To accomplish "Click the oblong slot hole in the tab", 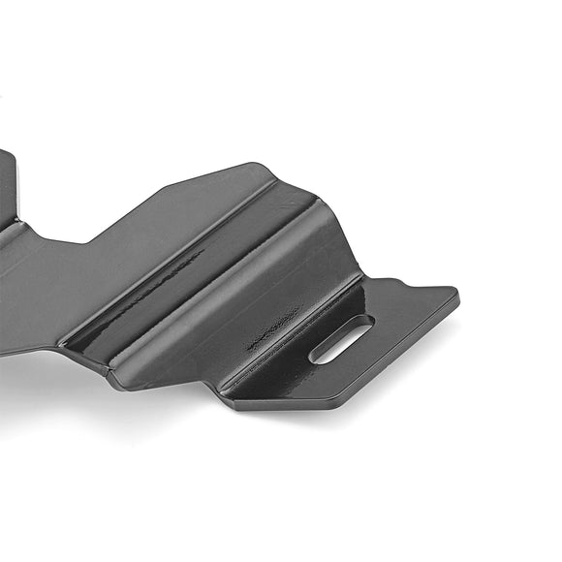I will (340, 339).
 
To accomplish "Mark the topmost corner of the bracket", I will (260, 164).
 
